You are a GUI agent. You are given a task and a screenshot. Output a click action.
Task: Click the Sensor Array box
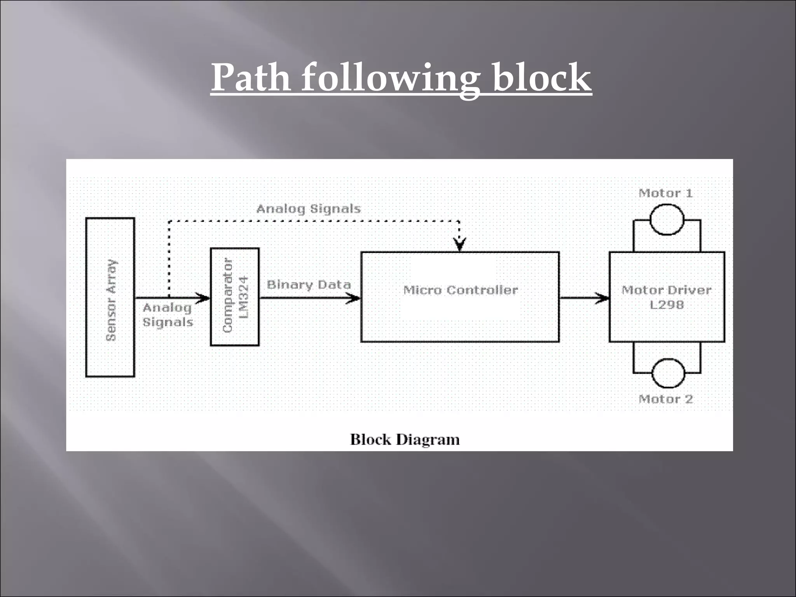tap(110, 298)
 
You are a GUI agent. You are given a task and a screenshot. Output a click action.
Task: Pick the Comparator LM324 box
tap(235, 297)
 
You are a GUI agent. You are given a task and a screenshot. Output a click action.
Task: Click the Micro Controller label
tap(461, 290)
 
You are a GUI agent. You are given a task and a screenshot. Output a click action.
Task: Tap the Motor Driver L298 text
tap(667, 297)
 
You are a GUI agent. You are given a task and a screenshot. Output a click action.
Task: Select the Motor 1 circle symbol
tap(667, 220)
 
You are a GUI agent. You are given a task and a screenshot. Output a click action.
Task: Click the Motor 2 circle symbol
tap(668, 373)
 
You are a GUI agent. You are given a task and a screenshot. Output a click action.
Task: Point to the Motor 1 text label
tap(666, 193)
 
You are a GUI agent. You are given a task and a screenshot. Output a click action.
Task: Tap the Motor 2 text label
tap(666, 399)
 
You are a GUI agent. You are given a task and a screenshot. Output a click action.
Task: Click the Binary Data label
tap(309, 285)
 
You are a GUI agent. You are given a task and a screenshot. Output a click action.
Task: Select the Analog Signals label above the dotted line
tap(309, 209)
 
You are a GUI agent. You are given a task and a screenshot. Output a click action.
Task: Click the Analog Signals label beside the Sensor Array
tap(168, 315)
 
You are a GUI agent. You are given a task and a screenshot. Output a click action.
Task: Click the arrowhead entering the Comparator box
tap(203, 298)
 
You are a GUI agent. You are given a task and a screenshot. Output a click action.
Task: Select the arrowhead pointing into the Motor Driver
tap(602, 298)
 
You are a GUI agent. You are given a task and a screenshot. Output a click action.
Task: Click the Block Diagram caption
tap(405, 440)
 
